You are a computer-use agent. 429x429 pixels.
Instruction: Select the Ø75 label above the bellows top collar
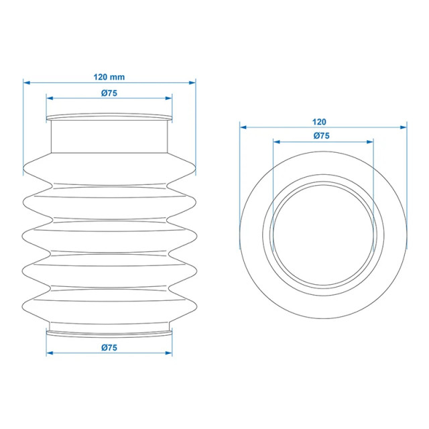tap(109, 93)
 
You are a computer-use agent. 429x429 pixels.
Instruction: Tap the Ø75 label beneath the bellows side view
tap(109, 347)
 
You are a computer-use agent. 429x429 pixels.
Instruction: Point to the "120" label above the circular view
tap(319, 121)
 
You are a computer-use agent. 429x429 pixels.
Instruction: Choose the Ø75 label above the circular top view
tap(322, 136)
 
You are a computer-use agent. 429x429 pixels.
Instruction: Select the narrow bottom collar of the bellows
tap(109, 330)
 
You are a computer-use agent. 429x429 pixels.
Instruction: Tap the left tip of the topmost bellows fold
tap(25, 168)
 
